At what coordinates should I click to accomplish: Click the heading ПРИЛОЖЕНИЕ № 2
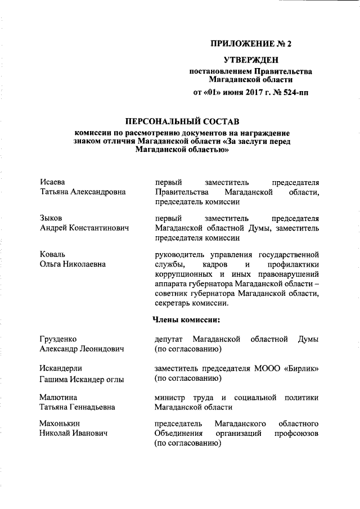click(x=250, y=43)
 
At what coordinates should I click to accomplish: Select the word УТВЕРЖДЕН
click(x=250, y=60)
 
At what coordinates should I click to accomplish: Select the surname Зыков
click(x=51, y=218)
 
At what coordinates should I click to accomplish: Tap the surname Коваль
click(x=53, y=254)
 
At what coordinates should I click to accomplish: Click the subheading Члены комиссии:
click(x=186, y=320)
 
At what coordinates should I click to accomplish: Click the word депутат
click(x=170, y=339)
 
